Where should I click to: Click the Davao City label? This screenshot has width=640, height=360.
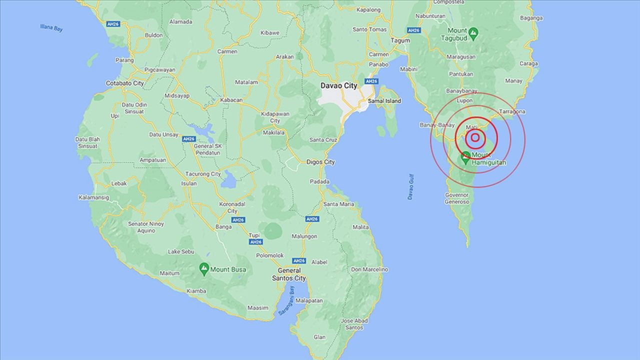click(x=338, y=85)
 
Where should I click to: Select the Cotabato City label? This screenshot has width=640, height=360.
click(x=125, y=83)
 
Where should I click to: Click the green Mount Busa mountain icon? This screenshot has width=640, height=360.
click(x=203, y=268)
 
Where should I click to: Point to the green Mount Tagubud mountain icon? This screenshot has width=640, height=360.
click(x=473, y=34)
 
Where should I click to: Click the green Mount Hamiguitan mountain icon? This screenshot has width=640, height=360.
click(x=465, y=156)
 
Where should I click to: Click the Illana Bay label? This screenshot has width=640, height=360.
click(x=51, y=27)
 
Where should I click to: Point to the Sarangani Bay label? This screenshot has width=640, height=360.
click(x=286, y=299)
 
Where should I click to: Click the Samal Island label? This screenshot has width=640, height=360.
click(x=384, y=101)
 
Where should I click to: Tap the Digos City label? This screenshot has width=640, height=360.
click(x=320, y=162)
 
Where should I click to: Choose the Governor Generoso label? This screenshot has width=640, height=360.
click(x=457, y=198)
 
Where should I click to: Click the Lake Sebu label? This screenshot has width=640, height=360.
click(x=180, y=251)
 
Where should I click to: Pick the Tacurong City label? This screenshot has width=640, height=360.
click(x=202, y=174)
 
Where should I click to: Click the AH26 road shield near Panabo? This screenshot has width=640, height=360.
click(x=371, y=81)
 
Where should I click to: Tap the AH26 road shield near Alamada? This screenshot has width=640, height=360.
click(x=112, y=23)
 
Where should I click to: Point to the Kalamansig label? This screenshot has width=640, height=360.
click(x=93, y=197)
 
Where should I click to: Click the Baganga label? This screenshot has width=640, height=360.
click(x=531, y=18)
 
